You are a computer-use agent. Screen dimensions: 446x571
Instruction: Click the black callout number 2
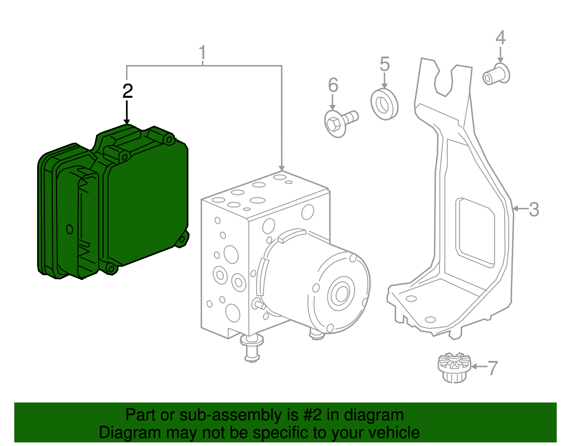pyautogui.click(x=127, y=91)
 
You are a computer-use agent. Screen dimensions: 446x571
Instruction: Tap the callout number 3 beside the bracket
pyautogui.click(x=534, y=209)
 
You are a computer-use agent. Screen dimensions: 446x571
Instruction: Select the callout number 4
pyautogui.click(x=500, y=37)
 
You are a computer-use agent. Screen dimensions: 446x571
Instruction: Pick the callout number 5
pyautogui.click(x=384, y=64)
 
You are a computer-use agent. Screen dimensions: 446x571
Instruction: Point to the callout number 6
pyautogui.click(x=333, y=85)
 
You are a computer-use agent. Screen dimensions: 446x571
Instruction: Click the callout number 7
pyautogui.click(x=492, y=368)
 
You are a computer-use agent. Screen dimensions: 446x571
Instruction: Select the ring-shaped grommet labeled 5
pyautogui.click(x=384, y=104)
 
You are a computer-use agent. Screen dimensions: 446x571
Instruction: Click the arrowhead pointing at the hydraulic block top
pyautogui.click(x=282, y=168)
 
